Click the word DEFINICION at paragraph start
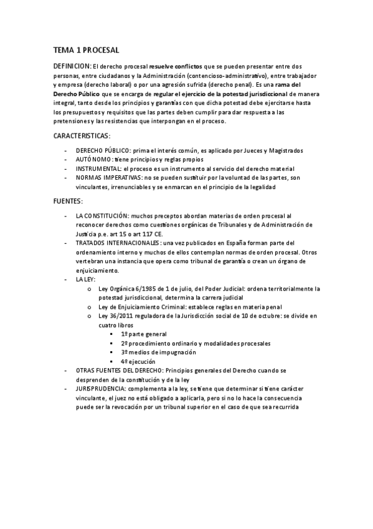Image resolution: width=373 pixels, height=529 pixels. pyautogui.click(x=73, y=66)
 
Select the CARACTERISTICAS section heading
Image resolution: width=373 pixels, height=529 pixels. pyautogui.click(x=82, y=135)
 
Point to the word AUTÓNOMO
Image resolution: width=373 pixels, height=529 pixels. pyautogui.click(x=95, y=160)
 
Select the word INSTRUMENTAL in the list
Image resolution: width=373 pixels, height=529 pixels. pyautogui.click(x=98, y=169)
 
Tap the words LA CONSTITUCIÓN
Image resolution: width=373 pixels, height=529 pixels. pyautogui.click(x=103, y=215)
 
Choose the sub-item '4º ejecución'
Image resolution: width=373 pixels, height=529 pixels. pyautogui.click(x=138, y=361)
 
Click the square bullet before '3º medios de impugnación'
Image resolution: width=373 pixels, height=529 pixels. pyautogui.click(x=110, y=352)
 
